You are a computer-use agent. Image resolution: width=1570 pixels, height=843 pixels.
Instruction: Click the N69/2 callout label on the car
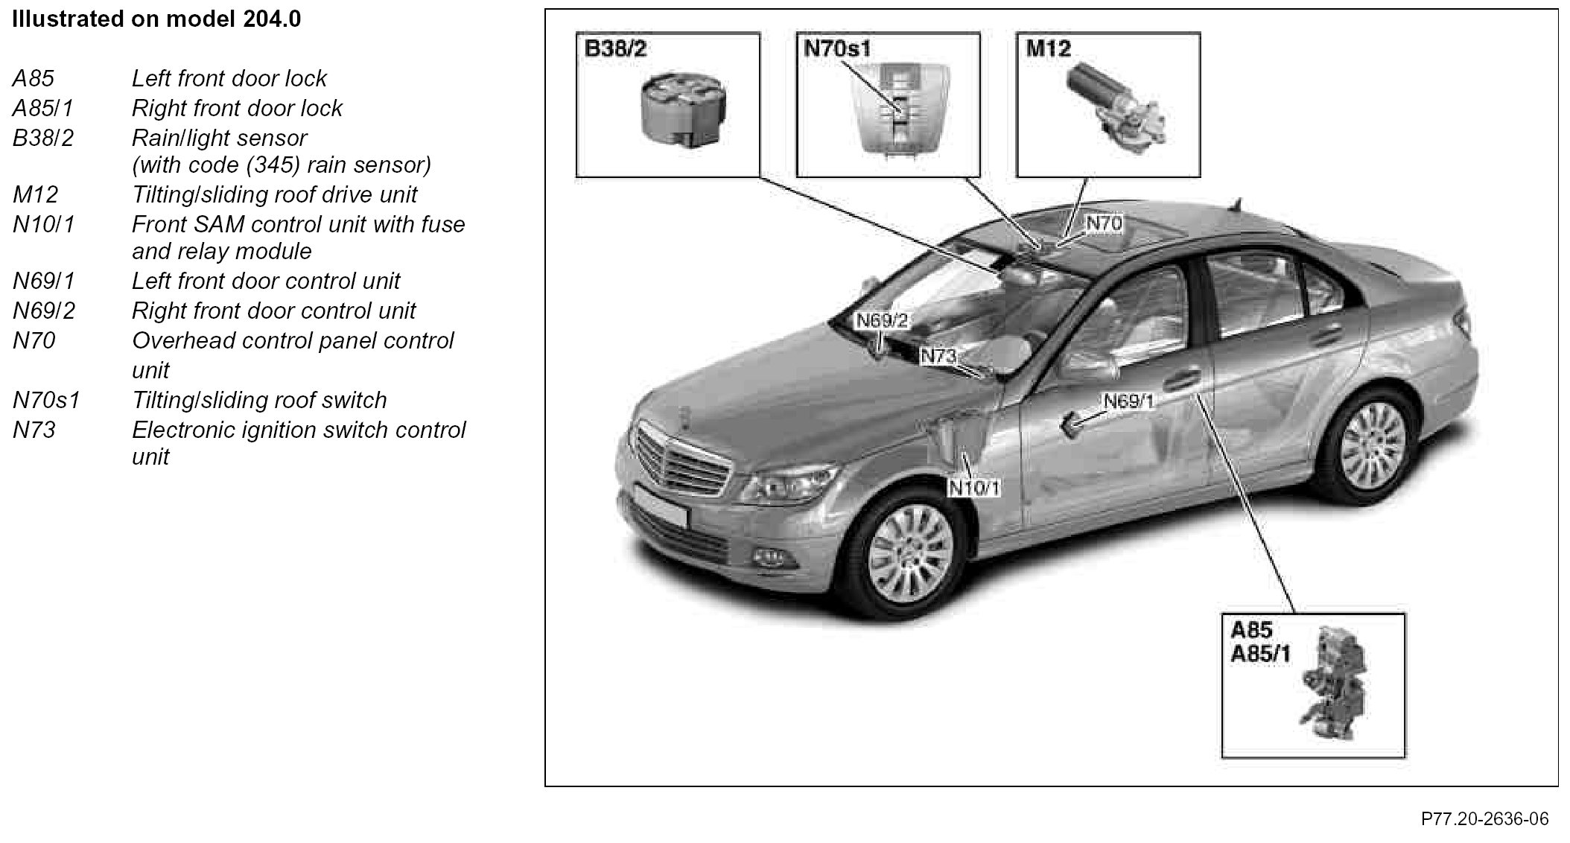pos(883,321)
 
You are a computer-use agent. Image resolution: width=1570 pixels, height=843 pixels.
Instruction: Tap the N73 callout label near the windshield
pos(938,356)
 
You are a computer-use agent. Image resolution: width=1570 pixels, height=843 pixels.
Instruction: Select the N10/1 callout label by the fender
pos(974,488)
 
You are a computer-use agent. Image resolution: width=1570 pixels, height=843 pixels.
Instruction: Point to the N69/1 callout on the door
pos(1128,401)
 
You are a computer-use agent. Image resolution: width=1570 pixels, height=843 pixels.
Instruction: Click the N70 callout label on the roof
pos(1104,223)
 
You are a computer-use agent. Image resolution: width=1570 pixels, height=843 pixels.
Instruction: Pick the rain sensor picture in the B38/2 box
pos(684,109)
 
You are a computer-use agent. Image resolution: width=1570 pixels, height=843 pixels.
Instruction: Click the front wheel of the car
pos(911,546)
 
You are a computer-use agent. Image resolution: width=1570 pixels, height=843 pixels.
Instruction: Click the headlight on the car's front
pos(775,488)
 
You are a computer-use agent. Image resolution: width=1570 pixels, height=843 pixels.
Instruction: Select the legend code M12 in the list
pos(35,195)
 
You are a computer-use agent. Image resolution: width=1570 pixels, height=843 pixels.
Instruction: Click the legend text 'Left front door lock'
pos(229,79)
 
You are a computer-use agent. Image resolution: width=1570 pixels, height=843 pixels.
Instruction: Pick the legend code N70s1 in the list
pos(45,401)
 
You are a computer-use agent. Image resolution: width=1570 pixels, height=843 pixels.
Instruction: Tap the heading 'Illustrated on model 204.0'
pos(156,19)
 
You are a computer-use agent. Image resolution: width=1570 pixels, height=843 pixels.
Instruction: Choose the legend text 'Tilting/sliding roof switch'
pos(259,401)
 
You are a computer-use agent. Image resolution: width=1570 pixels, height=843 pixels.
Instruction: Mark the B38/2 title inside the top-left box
pos(615,49)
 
